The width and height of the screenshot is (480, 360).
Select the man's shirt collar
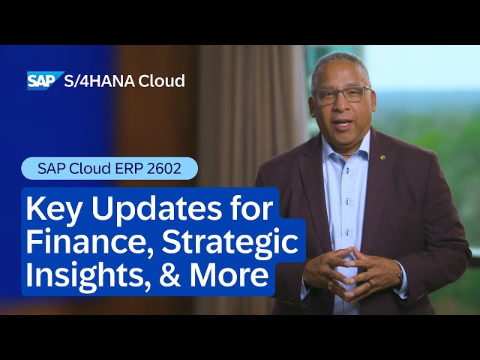click(x=337, y=150)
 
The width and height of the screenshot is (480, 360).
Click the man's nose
click(x=342, y=108)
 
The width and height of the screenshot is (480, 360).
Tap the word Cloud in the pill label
click(x=91, y=168)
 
